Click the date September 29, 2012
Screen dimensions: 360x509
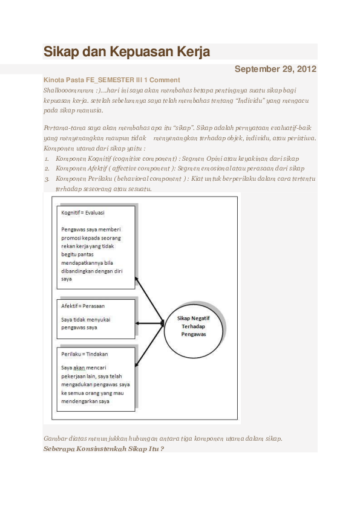click(x=275, y=69)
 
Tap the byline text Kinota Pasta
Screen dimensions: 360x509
click(x=61, y=80)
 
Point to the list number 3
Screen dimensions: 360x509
click(x=47, y=179)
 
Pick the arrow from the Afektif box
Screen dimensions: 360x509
click(x=149, y=323)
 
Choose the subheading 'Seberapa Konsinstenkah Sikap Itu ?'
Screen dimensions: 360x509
click(x=104, y=449)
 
